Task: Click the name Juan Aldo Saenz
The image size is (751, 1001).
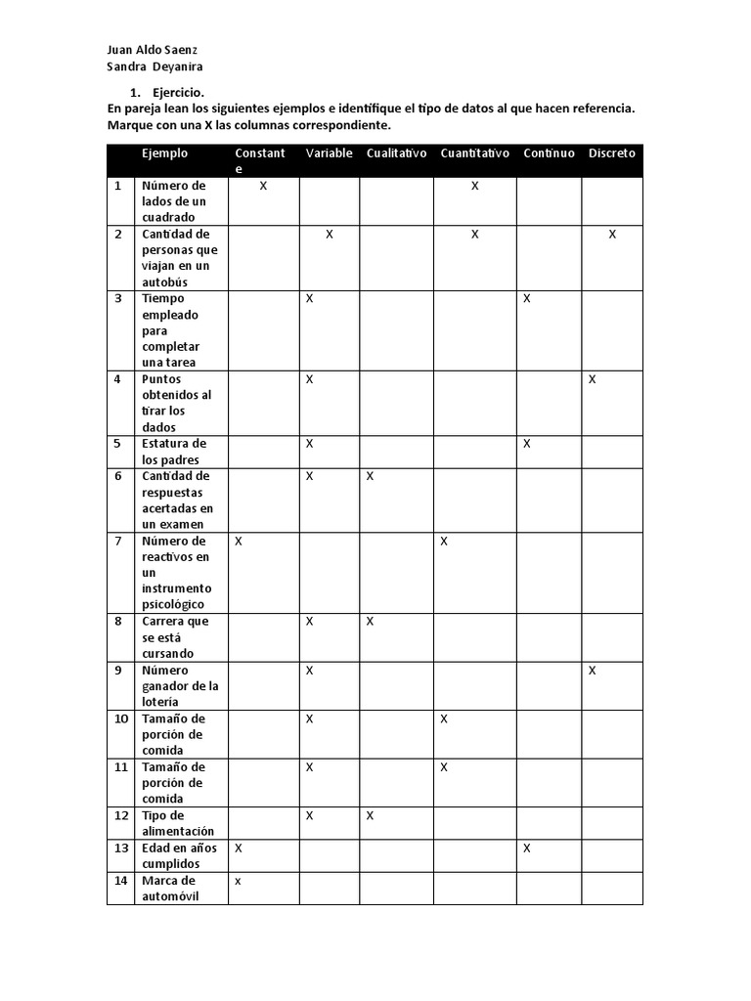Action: click(x=157, y=50)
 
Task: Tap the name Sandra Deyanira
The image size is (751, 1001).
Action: click(x=155, y=66)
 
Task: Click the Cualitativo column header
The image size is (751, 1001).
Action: click(x=397, y=153)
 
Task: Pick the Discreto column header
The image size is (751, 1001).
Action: click(x=612, y=153)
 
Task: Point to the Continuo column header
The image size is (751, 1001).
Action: click(x=549, y=153)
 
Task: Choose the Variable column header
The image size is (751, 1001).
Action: click(x=329, y=153)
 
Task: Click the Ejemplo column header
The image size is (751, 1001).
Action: click(x=164, y=153)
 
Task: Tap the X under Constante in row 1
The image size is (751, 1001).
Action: click(x=264, y=186)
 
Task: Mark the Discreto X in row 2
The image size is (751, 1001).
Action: click(x=612, y=235)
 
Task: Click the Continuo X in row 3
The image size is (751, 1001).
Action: click(x=526, y=299)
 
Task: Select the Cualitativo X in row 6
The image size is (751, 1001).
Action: click(x=371, y=476)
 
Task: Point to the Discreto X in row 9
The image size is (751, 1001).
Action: click(x=593, y=671)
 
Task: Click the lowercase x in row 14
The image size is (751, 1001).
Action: click(x=238, y=881)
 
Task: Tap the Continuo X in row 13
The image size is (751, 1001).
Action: click(x=526, y=849)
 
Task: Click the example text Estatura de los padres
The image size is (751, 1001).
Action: click(x=174, y=452)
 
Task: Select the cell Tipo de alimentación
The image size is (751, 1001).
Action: click(x=178, y=823)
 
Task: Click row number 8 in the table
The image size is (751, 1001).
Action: click(x=118, y=621)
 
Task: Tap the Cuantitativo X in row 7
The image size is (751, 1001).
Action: click(x=444, y=541)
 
